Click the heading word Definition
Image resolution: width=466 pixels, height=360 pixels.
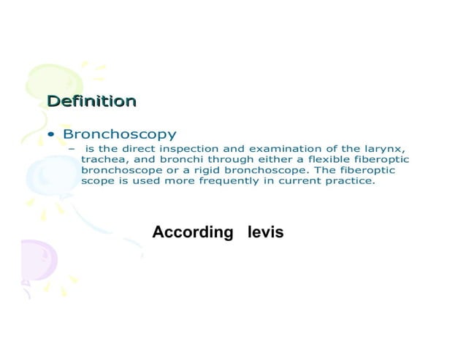tap(91, 101)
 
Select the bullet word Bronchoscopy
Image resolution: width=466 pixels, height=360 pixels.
tap(120, 135)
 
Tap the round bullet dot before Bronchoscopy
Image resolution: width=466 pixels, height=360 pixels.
tap(50, 135)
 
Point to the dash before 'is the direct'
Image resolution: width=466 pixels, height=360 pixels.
tap(72, 149)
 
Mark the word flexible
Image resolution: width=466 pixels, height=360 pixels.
tap(310, 159)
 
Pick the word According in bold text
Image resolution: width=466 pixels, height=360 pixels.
tap(192, 232)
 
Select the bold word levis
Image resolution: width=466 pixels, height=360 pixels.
tap(265, 232)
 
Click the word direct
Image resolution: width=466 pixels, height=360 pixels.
tap(139, 148)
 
